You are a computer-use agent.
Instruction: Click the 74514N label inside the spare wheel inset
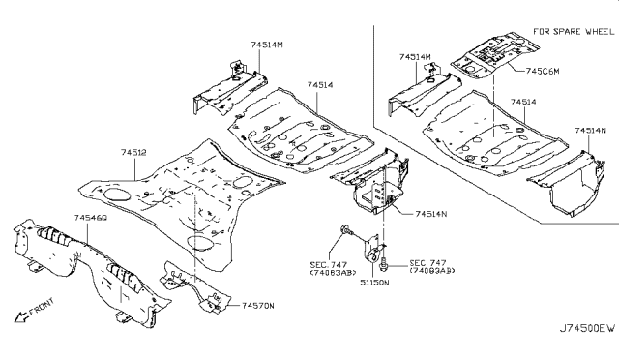(589, 130)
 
